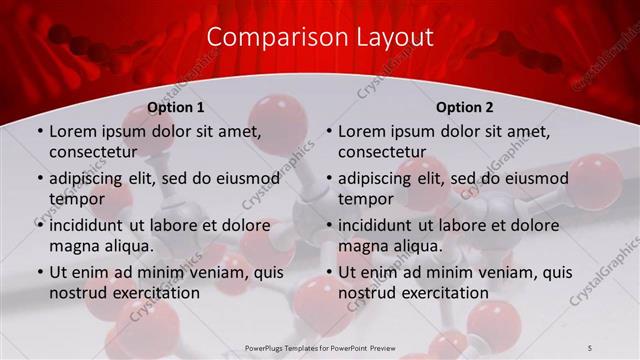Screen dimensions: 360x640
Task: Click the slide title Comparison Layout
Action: coord(320,38)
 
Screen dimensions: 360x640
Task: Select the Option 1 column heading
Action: coord(176,107)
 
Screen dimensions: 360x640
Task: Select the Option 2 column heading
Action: coord(465,107)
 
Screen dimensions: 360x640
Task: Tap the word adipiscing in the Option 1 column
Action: coord(93,178)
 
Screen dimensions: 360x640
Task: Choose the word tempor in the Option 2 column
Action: coord(366,199)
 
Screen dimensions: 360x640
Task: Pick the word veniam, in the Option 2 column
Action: coord(510,272)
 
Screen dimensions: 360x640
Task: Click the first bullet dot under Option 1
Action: coord(39,132)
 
